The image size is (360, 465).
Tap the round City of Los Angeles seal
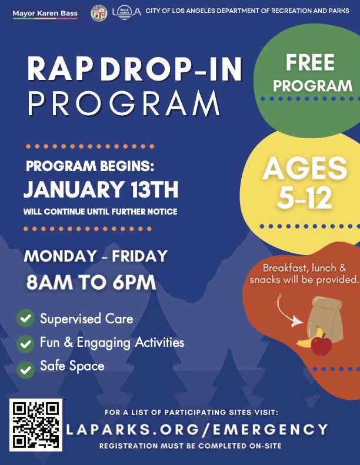99,13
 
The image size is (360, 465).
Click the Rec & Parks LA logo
126,12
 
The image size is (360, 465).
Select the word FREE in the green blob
310,62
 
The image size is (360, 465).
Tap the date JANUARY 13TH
101,190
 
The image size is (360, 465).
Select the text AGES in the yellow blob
305,169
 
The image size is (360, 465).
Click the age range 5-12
305,199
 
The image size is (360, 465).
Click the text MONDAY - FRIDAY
96,256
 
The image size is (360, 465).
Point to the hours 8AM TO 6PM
91,283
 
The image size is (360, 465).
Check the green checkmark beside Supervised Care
25,319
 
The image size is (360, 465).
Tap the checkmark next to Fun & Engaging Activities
25,343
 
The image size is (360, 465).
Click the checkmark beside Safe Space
25,369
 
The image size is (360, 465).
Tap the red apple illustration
321,345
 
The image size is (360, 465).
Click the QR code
36,424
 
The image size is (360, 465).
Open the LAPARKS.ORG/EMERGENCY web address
196,429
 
